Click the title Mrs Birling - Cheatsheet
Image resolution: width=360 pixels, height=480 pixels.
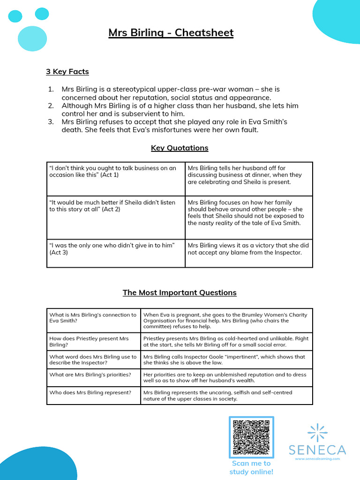[171, 33]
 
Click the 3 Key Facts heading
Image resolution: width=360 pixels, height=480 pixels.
[67, 72]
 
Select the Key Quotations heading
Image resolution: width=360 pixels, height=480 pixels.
[180, 148]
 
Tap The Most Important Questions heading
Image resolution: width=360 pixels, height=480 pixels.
[180, 292]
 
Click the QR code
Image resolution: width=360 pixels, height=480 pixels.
[251, 437]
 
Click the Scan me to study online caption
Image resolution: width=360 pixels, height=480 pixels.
[251, 467]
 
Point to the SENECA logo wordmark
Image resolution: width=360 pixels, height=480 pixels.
[317, 450]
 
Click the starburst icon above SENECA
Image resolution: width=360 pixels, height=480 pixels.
[317, 432]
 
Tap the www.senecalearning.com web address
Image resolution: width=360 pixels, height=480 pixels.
[317, 459]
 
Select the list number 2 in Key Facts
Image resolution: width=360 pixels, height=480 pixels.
[51, 106]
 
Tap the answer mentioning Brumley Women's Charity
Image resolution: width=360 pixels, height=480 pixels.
[226, 321]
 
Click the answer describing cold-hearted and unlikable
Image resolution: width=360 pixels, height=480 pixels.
[226, 341]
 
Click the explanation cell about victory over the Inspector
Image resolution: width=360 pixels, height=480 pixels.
[248, 249]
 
